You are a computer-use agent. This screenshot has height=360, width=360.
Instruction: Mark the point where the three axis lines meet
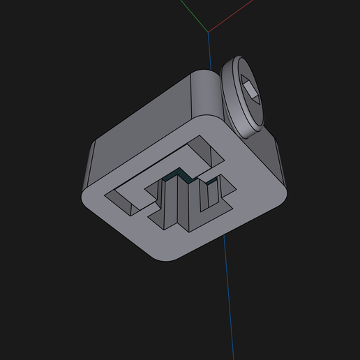[x=208, y=31]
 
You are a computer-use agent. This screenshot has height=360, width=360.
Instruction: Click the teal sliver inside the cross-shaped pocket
[x=179, y=174]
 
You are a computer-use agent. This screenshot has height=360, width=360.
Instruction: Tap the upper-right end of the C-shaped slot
[x=205, y=150]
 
